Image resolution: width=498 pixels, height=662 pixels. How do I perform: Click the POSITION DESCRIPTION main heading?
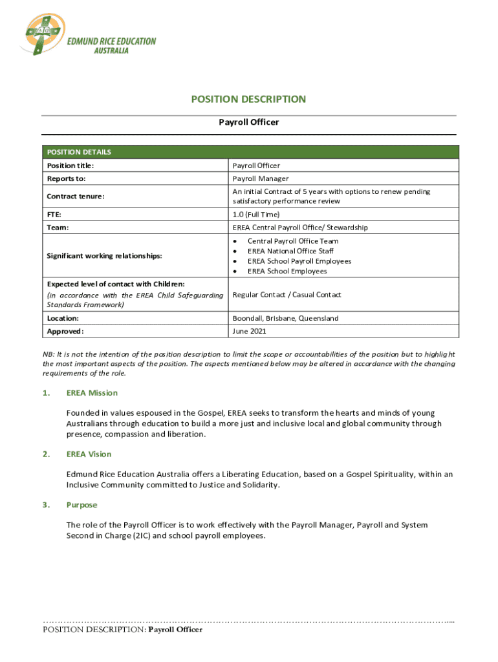pyautogui.click(x=248, y=99)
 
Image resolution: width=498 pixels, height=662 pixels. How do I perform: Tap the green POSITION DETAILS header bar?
pyautogui.click(x=250, y=152)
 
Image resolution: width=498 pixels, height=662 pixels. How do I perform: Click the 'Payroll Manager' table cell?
pyautogui.click(x=261, y=178)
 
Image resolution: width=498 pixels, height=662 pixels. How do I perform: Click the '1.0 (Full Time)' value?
pyautogui.click(x=256, y=215)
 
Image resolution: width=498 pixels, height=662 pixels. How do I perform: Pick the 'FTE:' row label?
pyautogui.click(x=55, y=215)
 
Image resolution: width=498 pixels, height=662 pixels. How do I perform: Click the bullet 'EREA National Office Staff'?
pyautogui.click(x=290, y=251)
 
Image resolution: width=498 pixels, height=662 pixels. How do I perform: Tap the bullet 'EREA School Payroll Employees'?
pyautogui.click(x=299, y=261)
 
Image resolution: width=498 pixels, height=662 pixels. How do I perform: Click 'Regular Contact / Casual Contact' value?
pyautogui.click(x=287, y=295)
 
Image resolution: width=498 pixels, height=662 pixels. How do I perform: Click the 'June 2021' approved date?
pyautogui.click(x=249, y=332)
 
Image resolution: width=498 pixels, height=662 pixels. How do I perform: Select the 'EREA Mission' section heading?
pyautogui.click(x=92, y=392)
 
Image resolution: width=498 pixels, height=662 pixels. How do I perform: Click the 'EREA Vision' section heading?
pyautogui.click(x=89, y=454)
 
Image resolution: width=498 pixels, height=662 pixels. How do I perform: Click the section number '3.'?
pyautogui.click(x=46, y=504)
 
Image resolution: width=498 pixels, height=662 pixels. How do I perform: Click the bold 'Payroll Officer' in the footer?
pyautogui.click(x=175, y=629)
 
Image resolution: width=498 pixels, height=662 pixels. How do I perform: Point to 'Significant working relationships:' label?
pyautogui.click(x=103, y=256)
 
